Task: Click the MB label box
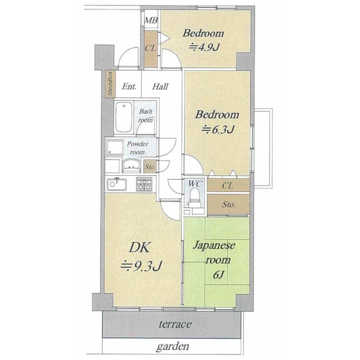pos(151,20)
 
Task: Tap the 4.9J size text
pos(204,47)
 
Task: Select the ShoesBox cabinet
pos(110,84)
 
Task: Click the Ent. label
pos(129,86)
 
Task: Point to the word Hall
pos(160,86)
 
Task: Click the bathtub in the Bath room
pos(124,117)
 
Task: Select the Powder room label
pos(137,148)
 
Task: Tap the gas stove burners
pos(144,184)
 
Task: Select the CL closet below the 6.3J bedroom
pos(228,185)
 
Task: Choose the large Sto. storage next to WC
pos(228,204)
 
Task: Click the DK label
pos(139,248)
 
